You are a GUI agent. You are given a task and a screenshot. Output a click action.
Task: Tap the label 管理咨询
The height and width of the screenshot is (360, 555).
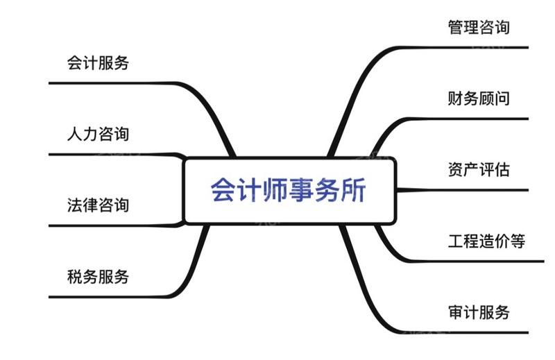[x=479, y=28]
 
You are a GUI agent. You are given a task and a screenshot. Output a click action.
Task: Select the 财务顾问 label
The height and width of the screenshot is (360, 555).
[x=479, y=98]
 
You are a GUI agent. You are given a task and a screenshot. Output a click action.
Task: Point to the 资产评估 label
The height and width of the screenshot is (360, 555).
[x=479, y=170]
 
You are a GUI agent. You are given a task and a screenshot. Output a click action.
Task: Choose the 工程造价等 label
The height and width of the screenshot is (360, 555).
[x=486, y=241]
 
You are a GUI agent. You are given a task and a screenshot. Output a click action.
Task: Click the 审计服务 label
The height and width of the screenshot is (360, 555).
[x=479, y=312]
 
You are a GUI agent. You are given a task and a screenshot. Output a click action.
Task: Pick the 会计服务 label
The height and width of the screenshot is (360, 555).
[x=98, y=63]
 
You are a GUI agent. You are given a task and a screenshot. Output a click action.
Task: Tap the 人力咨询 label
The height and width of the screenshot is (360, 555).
[x=98, y=134]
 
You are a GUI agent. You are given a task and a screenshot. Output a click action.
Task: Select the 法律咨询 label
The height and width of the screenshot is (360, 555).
[x=98, y=205]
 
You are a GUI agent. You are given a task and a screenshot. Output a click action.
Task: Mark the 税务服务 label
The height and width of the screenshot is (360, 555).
[x=98, y=277]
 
